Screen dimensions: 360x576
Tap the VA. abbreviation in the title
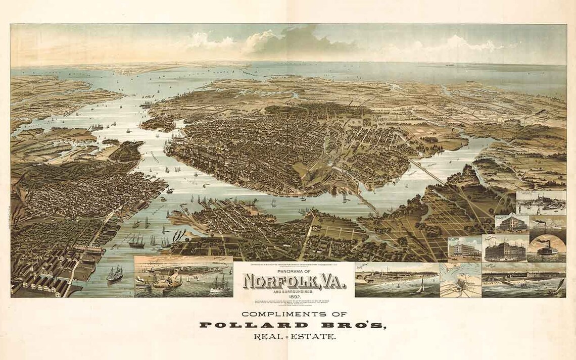(x=328, y=280)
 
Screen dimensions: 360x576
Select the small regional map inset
(x=460, y=280)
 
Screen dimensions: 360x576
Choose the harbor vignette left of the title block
(x=183, y=277)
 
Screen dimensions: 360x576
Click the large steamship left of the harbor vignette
(x=115, y=274)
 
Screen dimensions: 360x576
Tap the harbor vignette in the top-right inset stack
(x=541, y=202)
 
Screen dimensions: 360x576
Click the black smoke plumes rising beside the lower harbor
(x=178, y=235)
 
